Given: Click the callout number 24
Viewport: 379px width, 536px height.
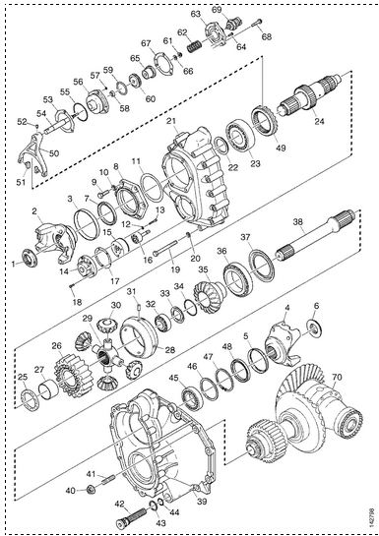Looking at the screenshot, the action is click(319, 121).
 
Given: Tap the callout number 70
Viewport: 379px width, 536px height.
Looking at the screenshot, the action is click(337, 378).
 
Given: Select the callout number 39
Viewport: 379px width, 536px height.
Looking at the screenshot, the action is click(202, 502).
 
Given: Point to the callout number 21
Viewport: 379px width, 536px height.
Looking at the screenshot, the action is click(171, 121).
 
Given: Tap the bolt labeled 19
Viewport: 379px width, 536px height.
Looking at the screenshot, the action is click(164, 248).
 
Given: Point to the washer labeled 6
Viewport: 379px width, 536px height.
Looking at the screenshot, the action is click(313, 328).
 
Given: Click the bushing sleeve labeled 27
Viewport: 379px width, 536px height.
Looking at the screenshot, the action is click(47, 389).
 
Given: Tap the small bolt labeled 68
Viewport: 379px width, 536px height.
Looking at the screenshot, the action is click(256, 23).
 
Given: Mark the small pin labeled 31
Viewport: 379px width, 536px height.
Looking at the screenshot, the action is click(140, 308).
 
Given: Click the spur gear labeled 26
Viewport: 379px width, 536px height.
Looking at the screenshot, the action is click(71, 375).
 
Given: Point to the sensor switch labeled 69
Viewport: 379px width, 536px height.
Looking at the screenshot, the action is click(233, 24).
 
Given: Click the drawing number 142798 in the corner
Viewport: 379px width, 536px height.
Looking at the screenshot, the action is click(371, 517).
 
